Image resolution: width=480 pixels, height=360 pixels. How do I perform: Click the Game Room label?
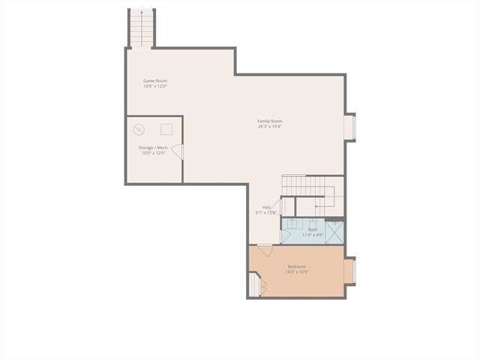154,81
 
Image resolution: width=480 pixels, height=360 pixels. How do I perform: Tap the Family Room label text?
270,121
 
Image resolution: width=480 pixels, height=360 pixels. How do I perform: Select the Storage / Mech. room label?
153,148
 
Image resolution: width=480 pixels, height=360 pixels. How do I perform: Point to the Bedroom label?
297,267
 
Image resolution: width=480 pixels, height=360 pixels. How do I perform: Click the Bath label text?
313,229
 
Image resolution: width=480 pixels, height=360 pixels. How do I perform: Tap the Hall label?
266,207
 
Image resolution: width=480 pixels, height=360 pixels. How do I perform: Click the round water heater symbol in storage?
139,130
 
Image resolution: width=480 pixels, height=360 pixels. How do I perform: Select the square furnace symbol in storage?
166,129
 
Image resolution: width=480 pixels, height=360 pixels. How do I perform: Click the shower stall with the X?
334,231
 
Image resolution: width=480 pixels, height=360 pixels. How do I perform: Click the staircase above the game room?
141,28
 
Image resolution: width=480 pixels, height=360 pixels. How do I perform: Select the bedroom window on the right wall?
349,271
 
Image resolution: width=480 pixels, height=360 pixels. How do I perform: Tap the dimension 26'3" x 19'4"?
270,126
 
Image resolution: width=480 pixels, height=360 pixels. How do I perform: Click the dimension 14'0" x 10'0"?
297,272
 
